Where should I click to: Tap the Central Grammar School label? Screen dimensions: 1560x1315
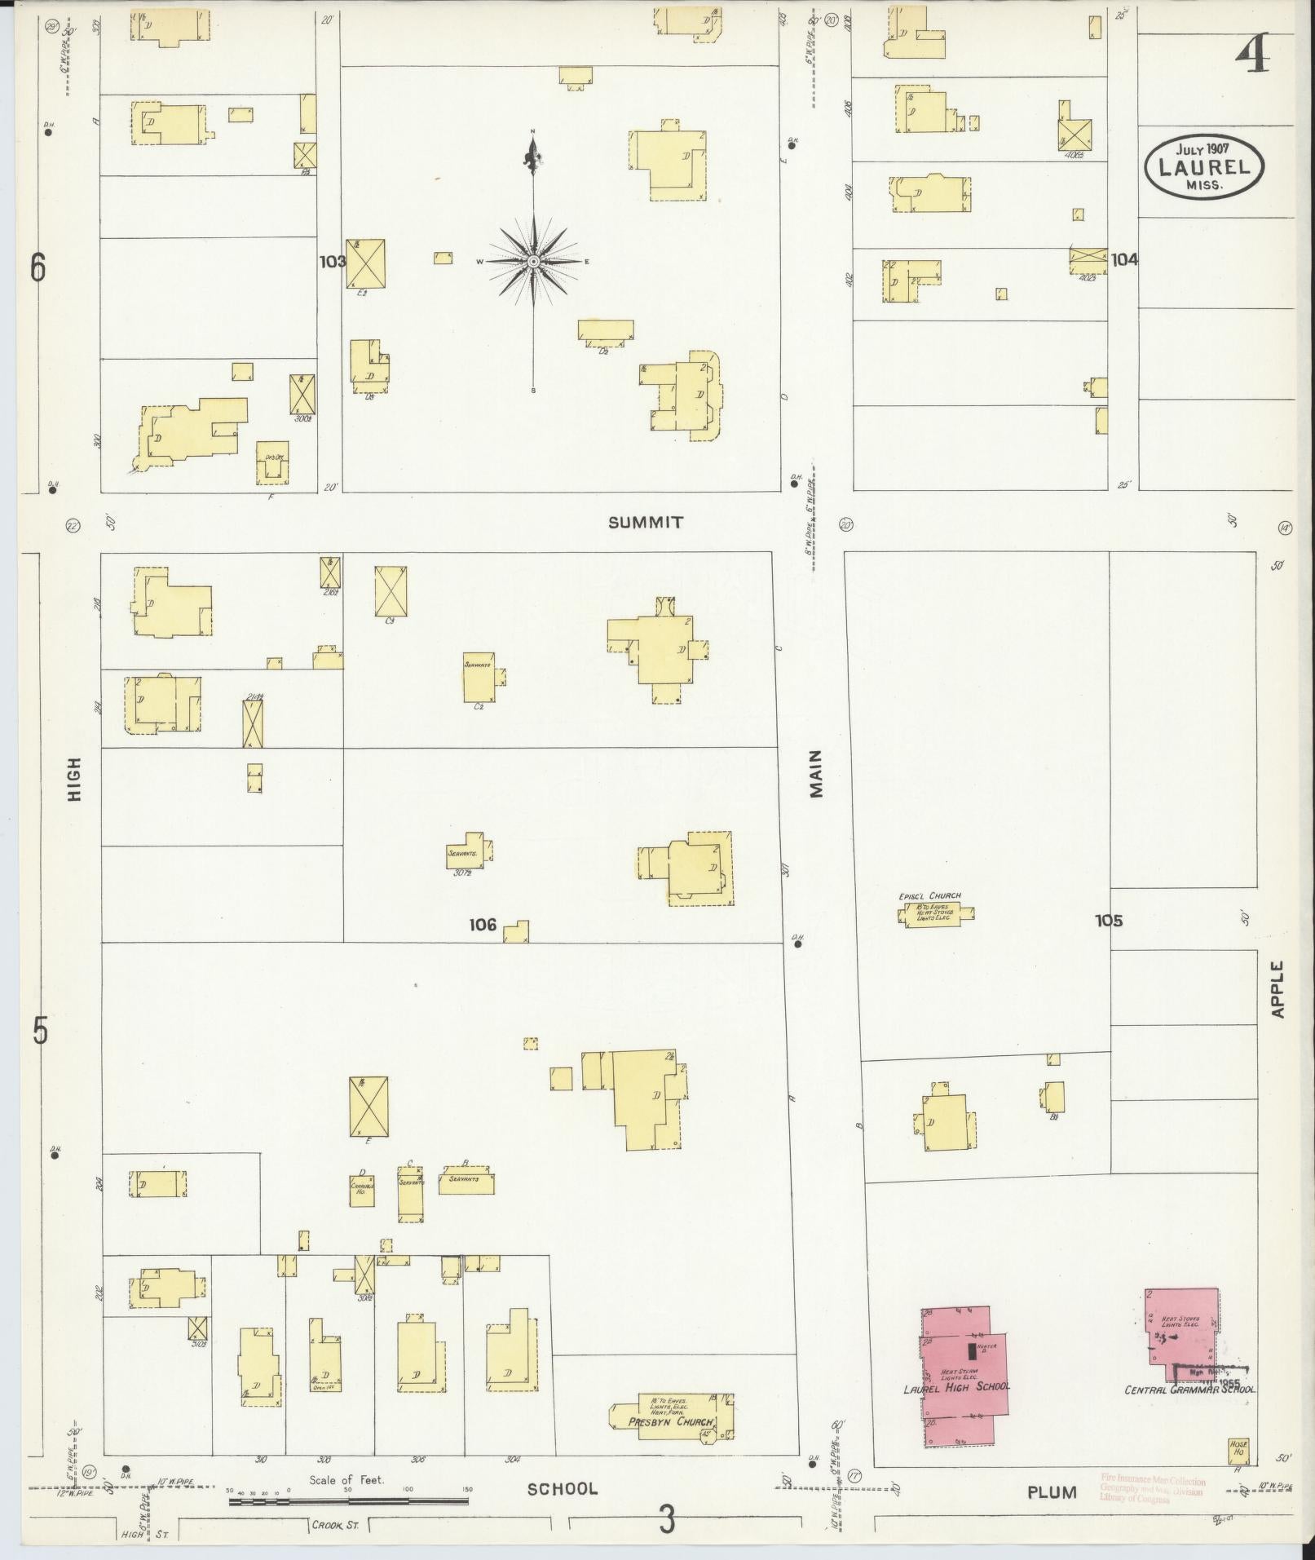1189,1389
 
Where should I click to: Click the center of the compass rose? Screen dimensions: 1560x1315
533,261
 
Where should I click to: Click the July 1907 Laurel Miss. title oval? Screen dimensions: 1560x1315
1203,167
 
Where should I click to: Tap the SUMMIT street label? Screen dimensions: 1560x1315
645,523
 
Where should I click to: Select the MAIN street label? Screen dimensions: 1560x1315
816,773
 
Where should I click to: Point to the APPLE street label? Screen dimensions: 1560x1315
1277,988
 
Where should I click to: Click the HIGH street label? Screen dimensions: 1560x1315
75,779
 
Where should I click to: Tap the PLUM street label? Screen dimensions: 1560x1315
1052,1492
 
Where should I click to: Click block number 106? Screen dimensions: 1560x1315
483,925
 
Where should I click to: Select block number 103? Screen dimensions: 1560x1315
332,262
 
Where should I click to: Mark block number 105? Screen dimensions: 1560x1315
1108,921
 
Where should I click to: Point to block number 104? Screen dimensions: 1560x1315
1124,260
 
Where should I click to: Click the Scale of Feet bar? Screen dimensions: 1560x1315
349,1500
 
